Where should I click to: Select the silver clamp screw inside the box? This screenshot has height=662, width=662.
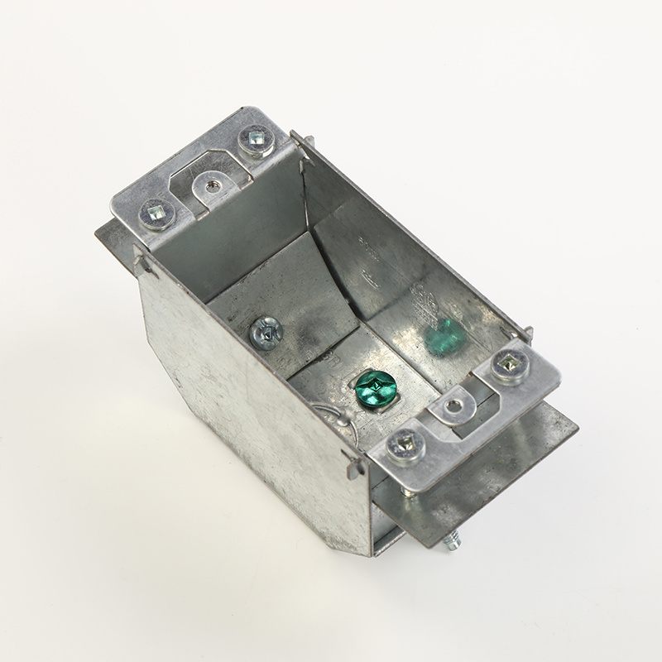click(266, 333)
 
